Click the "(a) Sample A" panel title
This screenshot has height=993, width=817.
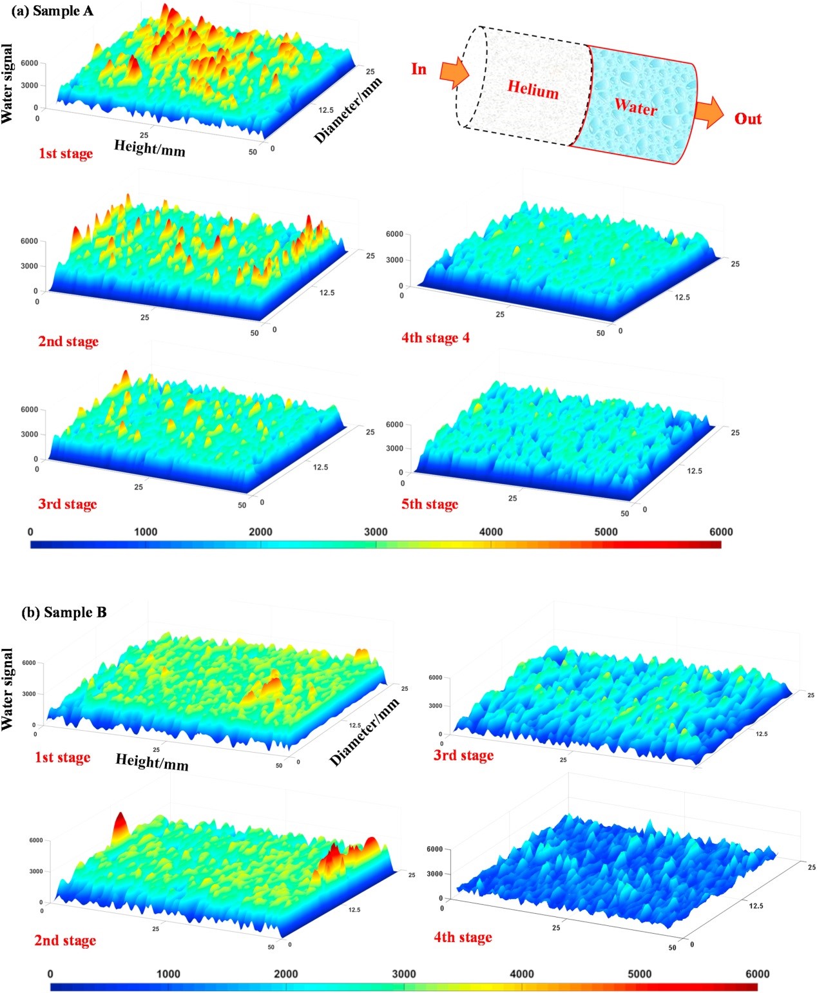pyautogui.click(x=52, y=11)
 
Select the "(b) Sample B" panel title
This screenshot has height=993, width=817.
pyautogui.click(x=64, y=612)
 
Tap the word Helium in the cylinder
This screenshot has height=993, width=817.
pyautogui.click(x=533, y=89)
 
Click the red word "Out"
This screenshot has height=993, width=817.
pyautogui.click(x=747, y=119)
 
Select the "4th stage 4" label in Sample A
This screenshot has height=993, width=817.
pyautogui.click(x=436, y=338)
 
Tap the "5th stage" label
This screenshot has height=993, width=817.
pyautogui.click(x=430, y=504)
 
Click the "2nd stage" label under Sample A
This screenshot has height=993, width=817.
pyautogui.click(x=68, y=342)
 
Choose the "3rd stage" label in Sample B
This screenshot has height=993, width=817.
pyautogui.click(x=463, y=755)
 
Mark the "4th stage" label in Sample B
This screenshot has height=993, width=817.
pyautogui.click(x=463, y=937)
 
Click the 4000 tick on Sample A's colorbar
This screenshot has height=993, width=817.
pyautogui.click(x=491, y=532)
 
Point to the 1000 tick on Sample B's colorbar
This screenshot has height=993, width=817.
pyautogui.click(x=168, y=974)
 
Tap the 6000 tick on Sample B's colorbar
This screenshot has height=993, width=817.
pyautogui.click(x=757, y=974)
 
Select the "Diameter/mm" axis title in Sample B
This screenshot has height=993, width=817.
pyautogui.click(x=364, y=733)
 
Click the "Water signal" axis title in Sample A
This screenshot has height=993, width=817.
pyautogui.click(x=8, y=84)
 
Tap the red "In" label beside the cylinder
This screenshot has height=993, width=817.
pyautogui.click(x=419, y=69)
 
